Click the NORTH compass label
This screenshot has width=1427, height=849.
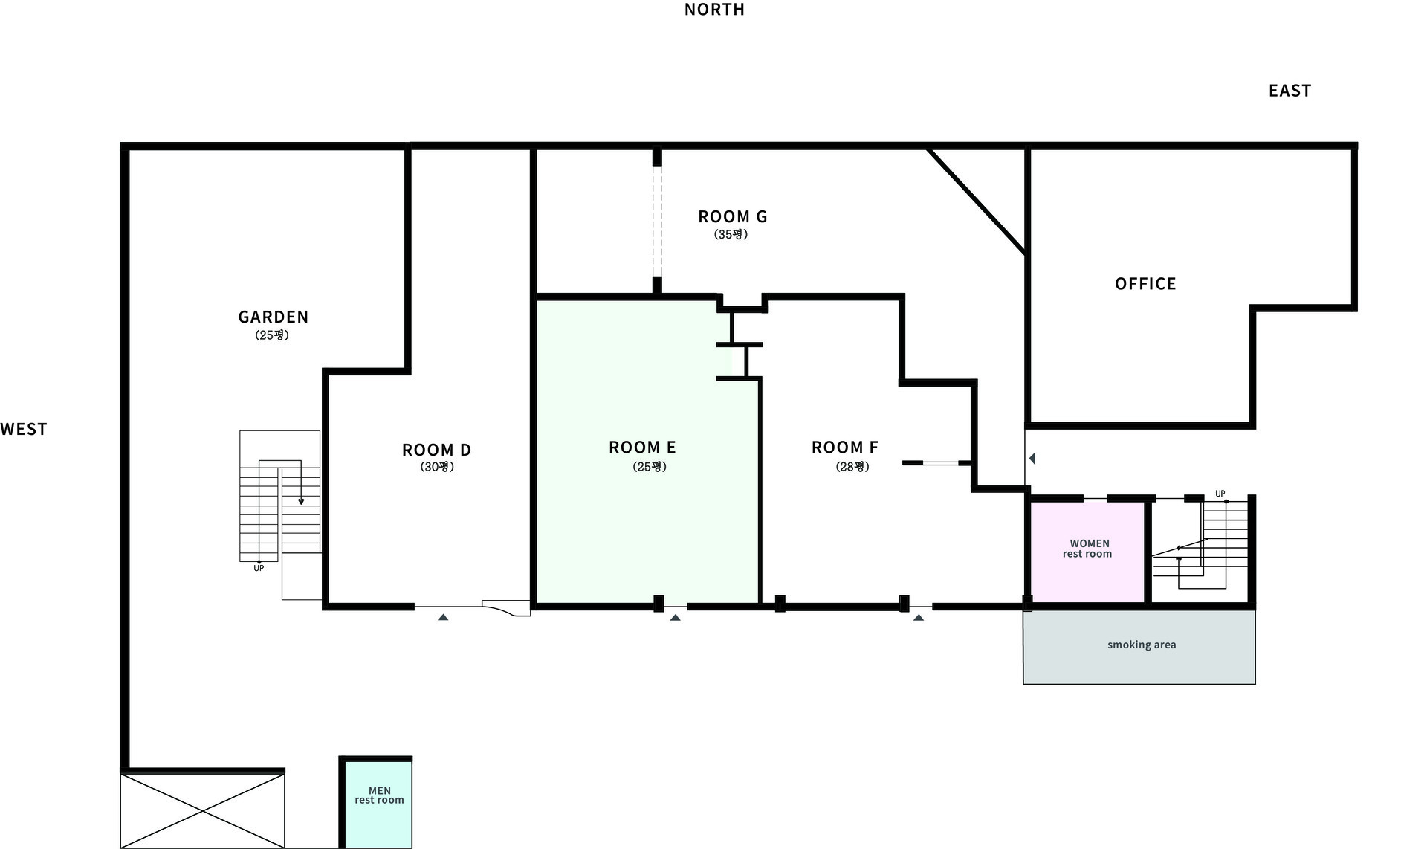tap(714, 10)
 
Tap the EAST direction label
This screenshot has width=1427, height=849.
tap(1290, 91)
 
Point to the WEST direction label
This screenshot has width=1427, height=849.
tap(24, 429)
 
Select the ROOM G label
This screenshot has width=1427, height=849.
tap(732, 216)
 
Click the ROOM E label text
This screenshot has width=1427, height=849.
tap(642, 447)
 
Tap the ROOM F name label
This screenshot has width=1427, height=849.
tap(844, 447)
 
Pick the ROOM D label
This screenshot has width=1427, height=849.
tap(436, 450)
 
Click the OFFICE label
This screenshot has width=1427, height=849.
tap(1145, 283)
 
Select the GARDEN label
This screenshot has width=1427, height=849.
tap(273, 317)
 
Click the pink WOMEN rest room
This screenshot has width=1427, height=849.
tap(1087, 552)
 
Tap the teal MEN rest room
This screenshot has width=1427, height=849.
tap(378, 804)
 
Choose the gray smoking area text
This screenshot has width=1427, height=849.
tap(1142, 645)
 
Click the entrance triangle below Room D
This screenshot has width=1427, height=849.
tap(443, 617)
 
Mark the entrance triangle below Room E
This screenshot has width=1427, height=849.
tap(675, 617)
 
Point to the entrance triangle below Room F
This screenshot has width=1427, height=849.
tap(919, 617)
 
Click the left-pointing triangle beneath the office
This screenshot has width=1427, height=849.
tap(1032, 459)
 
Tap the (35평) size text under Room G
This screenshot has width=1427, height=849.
tap(731, 234)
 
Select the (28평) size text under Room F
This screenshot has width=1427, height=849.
tap(852, 467)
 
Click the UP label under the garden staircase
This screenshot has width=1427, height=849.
tap(259, 569)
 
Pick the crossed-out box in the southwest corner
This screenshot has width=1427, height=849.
tap(202, 810)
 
